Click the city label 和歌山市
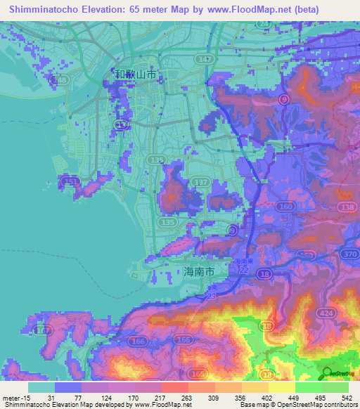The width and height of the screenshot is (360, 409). (x=136, y=73)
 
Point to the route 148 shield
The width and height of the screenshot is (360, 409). (x=62, y=81)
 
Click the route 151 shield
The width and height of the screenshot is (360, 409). (x=70, y=182)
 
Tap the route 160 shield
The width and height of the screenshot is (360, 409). (x=285, y=207)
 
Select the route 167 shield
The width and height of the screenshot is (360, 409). (x=43, y=329)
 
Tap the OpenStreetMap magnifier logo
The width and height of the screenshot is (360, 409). (x=328, y=373)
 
